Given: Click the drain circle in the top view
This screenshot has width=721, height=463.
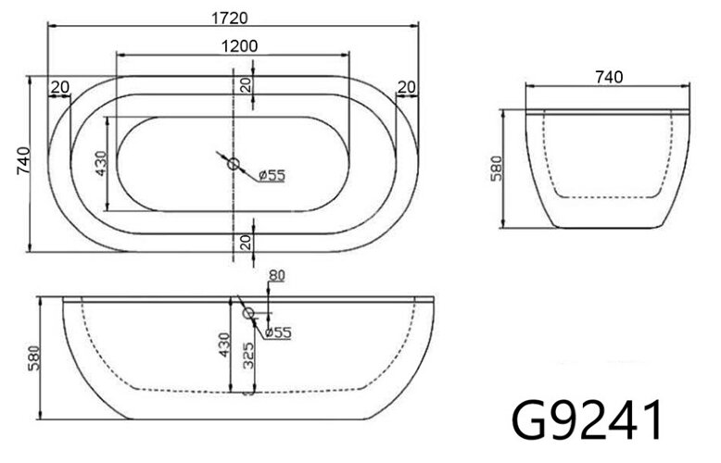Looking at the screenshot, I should [x=234, y=167].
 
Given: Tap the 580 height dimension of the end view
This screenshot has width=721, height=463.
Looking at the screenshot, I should [x=496, y=168].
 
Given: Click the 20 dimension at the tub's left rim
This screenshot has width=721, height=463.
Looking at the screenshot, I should [x=60, y=87].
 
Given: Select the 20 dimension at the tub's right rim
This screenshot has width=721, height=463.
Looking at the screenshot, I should [x=406, y=87].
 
